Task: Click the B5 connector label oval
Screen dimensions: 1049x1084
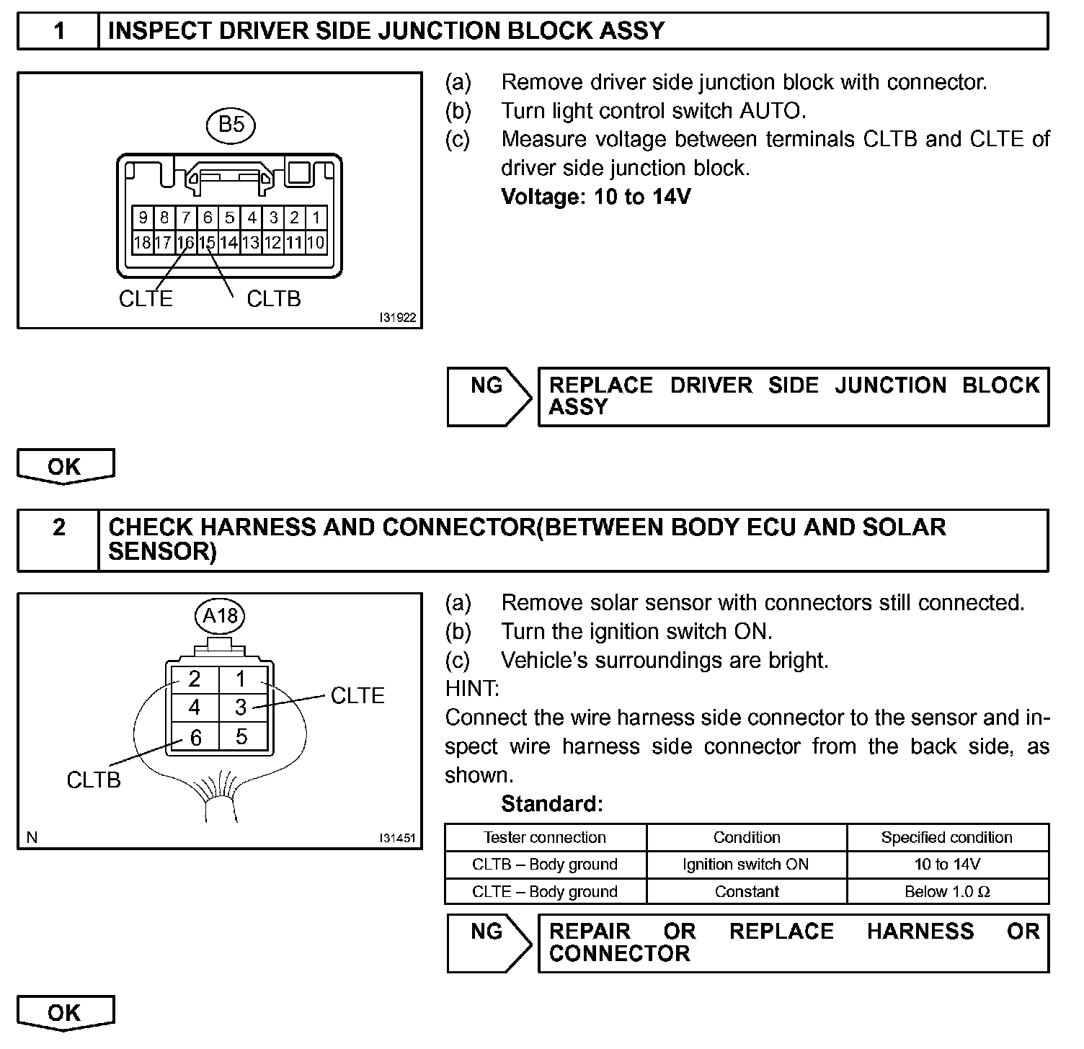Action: [x=231, y=125]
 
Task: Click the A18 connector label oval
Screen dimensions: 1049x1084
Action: [x=220, y=616]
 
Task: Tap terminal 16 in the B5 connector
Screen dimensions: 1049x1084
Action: [x=186, y=243]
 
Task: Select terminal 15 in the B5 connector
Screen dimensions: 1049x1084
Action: [x=208, y=243]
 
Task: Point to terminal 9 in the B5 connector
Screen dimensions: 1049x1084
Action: [x=143, y=218]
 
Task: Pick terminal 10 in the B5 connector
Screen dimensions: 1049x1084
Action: [x=316, y=243]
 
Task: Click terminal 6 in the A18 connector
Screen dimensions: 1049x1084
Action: [x=195, y=737]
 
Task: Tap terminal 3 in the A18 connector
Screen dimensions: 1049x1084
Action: [x=241, y=707]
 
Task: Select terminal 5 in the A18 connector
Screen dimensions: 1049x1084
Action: [x=241, y=736]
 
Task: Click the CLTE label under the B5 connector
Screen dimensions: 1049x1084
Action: [x=146, y=299]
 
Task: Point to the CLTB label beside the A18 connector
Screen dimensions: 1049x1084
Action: [x=94, y=780]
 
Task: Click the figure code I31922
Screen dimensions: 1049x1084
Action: [x=398, y=318]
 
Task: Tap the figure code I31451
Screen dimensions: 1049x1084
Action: [x=398, y=838]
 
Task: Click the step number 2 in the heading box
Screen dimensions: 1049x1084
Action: [x=59, y=528]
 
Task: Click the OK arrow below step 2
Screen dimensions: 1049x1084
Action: [x=65, y=1013]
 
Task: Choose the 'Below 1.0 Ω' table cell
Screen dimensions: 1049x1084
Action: [x=947, y=892]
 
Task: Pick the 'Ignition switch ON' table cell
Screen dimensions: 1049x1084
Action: [x=746, y=865]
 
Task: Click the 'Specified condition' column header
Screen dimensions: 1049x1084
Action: [x=947, y=837]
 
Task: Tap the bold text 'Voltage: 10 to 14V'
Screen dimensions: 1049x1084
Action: [x=595, y=197]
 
